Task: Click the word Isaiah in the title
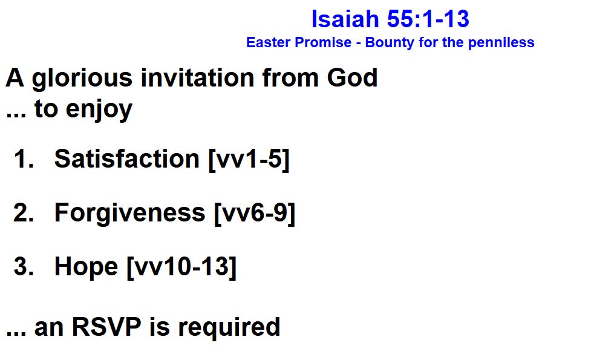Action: (x=345, y=19)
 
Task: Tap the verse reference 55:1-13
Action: (x=428, y=19)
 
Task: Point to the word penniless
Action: (x=501, y=42)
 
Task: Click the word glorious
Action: (x=82, y=79)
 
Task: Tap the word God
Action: (x=352, y=77)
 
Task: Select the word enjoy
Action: (x=99, y=110)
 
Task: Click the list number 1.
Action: (x=24, y=159)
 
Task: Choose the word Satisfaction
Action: (x=126, y=159)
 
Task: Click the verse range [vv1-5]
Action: (x=249, y=160)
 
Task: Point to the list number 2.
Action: (x=24, y=212)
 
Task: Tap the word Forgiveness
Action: (x=129, y=214)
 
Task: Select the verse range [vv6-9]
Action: (x=255, y=214)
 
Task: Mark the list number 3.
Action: (x=24, y=266)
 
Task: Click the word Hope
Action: (x=86, y=267)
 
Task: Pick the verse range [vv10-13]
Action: (x=181, y=267)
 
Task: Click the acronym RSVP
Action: (x=106, y=327)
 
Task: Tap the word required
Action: (x=229, y=328)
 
